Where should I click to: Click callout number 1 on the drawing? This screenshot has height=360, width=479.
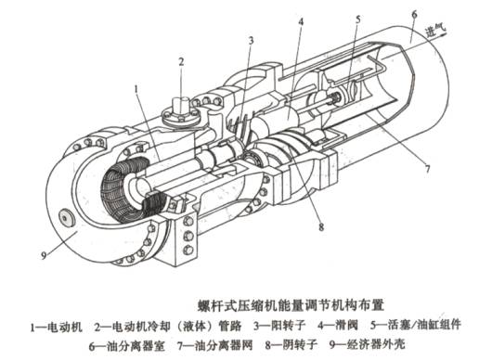[136, 90]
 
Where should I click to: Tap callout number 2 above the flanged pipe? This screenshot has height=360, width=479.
[181, 62]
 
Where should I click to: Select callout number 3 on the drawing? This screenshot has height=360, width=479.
[251, 41]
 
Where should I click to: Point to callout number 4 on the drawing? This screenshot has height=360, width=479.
[301, 22]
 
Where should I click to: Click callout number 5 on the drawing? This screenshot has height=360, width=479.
[358, 19]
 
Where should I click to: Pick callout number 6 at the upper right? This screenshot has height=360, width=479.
[414, 14]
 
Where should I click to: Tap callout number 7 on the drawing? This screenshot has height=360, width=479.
[427, 169]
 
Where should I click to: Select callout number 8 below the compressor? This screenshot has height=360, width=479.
[321, 227]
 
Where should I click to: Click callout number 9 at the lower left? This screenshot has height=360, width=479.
[44, 256]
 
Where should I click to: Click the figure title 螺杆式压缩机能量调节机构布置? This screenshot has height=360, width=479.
[291, 305]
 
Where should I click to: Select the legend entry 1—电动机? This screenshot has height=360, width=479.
[56, 326]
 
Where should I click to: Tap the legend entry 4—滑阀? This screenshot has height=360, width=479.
[338, 326]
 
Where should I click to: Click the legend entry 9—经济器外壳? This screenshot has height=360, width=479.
[368, 344]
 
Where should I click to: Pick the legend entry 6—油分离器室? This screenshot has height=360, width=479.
[127, 345]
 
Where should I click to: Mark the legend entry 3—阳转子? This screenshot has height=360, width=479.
[279, 326]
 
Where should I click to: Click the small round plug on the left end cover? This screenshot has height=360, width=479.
[67, 218]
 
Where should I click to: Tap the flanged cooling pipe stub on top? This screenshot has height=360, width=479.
[181, 113]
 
